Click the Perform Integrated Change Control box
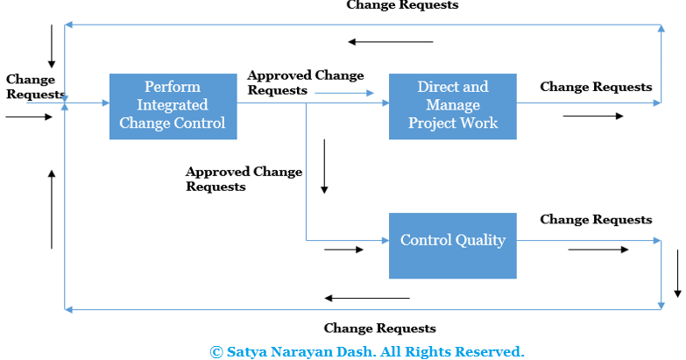point(173,105)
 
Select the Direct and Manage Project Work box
point(452,105)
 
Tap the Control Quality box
point(452,244)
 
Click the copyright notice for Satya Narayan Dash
point(367,351)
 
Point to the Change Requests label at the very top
point(402,5)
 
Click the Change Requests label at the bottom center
point(379,328)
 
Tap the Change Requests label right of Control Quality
point(596,220)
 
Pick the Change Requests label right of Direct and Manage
point(596,87)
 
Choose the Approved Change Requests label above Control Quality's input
point(243,179)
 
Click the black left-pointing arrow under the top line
point(390,41)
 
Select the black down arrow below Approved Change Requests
point(324,166)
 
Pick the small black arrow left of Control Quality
point(343,250)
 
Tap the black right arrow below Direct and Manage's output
point(593,116)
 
